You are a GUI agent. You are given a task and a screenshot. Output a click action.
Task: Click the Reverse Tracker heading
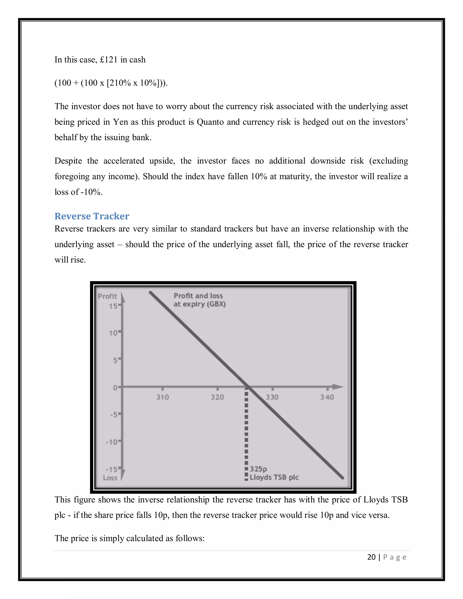[92, 216]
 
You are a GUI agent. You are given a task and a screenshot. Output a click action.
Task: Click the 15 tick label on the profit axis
[113, 306]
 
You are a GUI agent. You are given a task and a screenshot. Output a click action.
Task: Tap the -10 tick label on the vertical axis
[111, 442]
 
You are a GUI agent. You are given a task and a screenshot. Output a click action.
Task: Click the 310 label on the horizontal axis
[163, 397]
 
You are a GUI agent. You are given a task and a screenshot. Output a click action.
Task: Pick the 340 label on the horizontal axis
[327, 397]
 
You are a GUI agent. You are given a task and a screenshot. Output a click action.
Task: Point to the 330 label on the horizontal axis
[272, 397]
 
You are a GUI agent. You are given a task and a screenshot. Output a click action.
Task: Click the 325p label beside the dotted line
[258, 469]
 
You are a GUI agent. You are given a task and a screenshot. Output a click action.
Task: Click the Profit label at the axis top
[107, 296]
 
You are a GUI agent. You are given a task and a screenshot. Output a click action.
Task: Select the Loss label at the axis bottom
[110, 478]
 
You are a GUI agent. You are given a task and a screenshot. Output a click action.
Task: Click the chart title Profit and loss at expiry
[199, 300]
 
